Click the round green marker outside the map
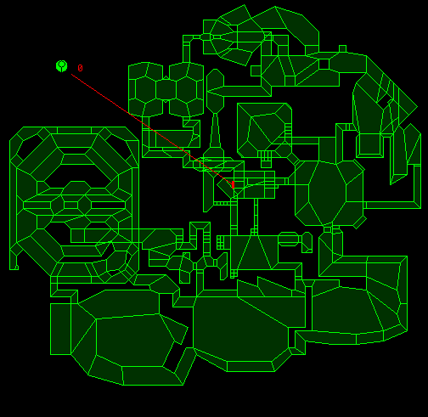[x=62, y=66]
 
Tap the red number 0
[x=80, y=68]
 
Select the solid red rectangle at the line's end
[x=233, y=184]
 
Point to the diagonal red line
[x=151, y=128]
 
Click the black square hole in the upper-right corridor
[x=324, y=65]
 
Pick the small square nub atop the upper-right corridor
[x=342, y=48]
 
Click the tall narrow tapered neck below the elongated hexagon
[x=215, y=130]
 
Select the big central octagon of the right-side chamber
[x=327, y=194]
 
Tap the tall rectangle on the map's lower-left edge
[x=60, y=329]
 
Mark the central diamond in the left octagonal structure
[x=84, y=205]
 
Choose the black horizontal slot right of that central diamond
[x=108, y=205]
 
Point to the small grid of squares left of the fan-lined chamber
[x=220, y=243]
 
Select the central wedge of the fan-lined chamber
[x=254, y=252]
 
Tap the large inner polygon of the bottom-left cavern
[x=134, y=340]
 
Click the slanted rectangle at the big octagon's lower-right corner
[x=360, y=222]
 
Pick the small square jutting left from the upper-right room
[x=256, y=70]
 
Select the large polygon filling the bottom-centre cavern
[x=240, y=330]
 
